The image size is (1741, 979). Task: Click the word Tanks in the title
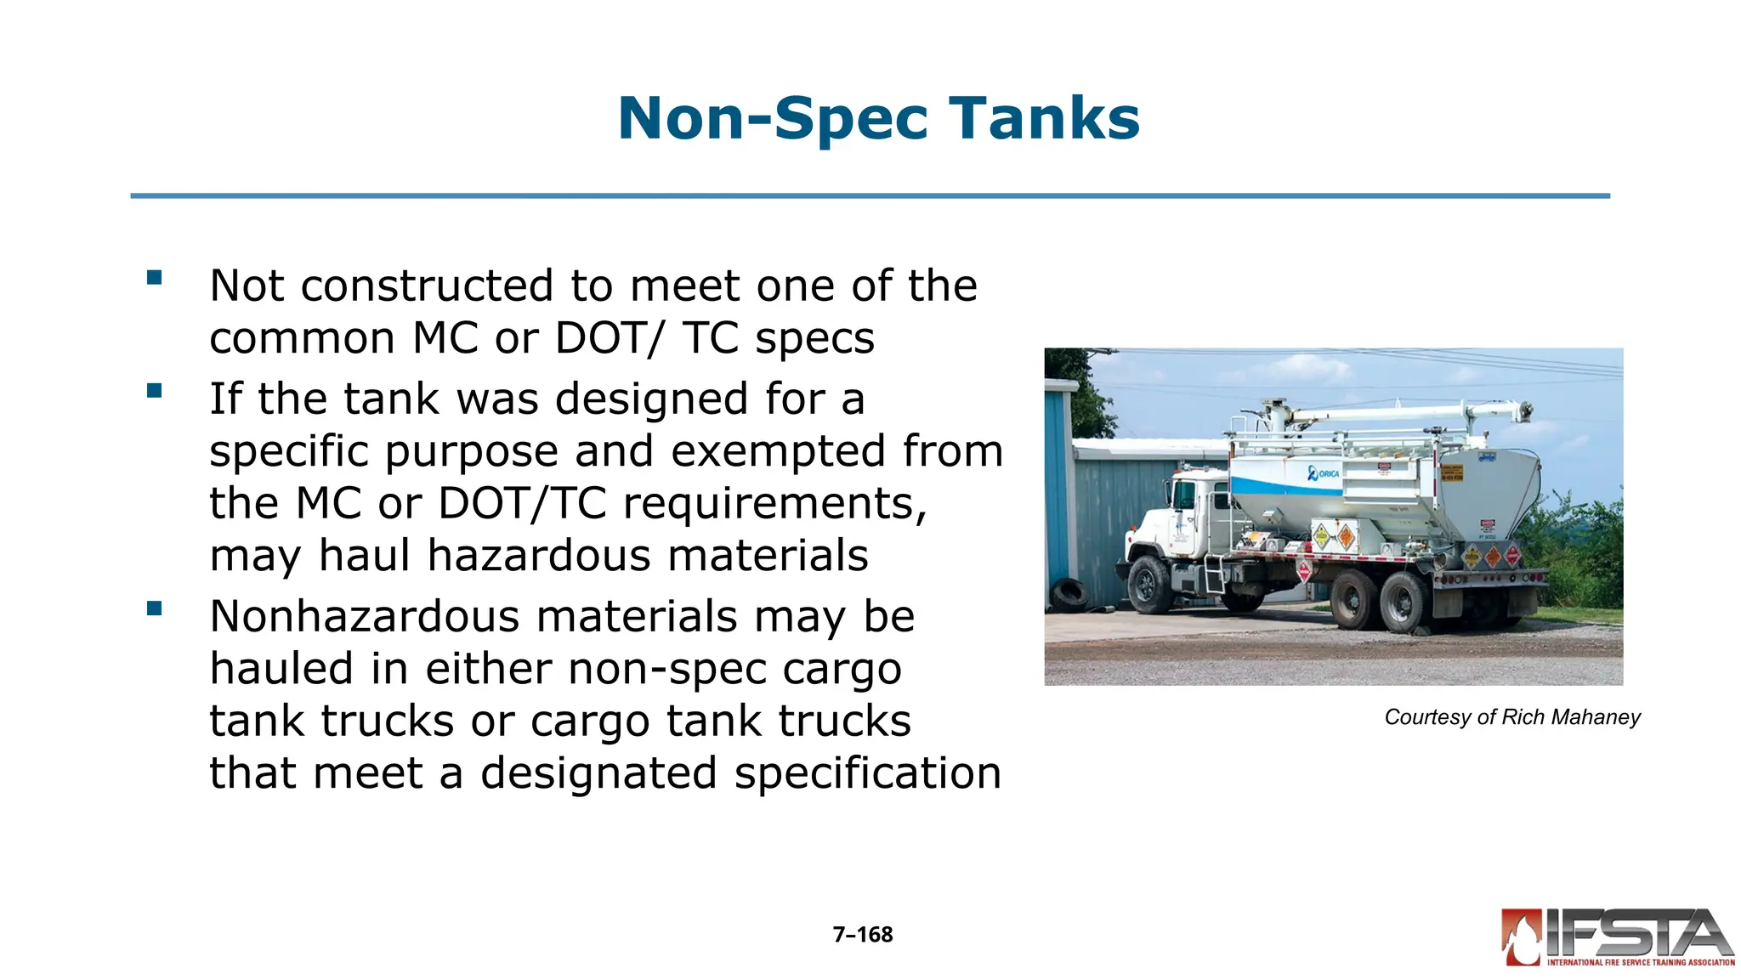point(1044,118)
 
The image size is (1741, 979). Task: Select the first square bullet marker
point(154,277)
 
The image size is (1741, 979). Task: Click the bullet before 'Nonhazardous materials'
point(154,608)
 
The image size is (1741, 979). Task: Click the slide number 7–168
point(863,935)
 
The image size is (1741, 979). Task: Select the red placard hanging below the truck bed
point(1303,569)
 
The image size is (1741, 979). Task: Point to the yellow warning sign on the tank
point(1451,473)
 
